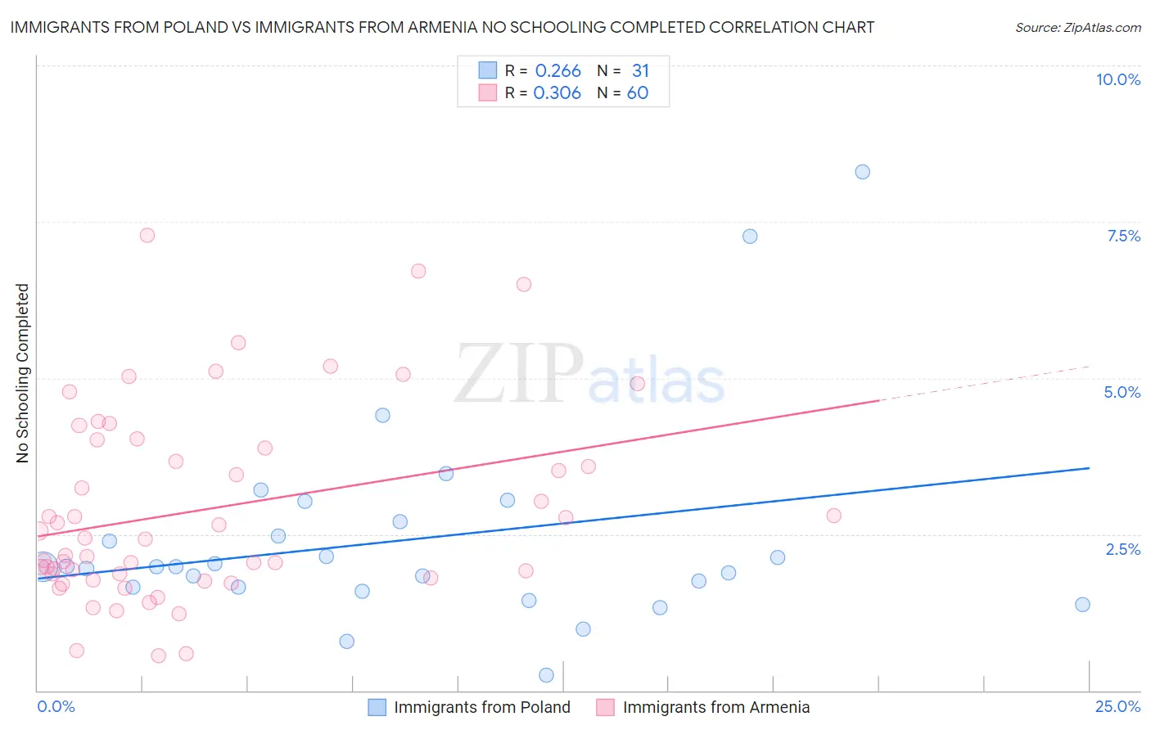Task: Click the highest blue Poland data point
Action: [862, 172]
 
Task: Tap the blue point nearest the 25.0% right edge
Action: [1082, 605]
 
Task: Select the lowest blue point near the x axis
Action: [546, 675]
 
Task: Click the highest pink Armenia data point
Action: [147, 235]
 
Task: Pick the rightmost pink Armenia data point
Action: [833, 516]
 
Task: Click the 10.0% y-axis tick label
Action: [1117, 79]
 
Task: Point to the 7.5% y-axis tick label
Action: [1123, 236]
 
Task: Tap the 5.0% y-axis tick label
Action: [1122, 392]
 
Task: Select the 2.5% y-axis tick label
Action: [1122, 549]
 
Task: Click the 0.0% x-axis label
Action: [56, 706]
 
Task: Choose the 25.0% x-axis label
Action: [1117, 706]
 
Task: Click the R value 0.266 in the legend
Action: [557, 71]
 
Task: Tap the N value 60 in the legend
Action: [638, 93]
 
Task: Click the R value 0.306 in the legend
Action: [557, 93]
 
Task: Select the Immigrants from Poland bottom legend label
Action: [481, 707]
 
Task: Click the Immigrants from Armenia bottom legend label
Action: [715, 707]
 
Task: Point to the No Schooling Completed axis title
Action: [23, 373]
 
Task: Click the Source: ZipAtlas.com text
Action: [1077, 28]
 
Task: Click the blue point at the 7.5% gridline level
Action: [750, 237]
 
